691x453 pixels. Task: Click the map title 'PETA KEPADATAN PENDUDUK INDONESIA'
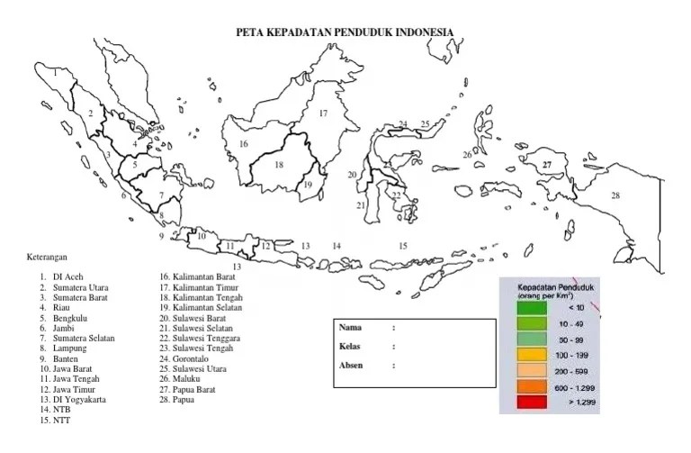[x=345, y=32]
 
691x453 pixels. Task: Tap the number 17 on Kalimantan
[x=322, y=113]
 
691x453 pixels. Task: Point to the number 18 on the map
[x=279, y=165]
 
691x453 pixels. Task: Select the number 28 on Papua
[x=615, y=195]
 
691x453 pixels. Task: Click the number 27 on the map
[x=546, y=165]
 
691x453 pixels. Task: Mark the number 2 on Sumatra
[x=90, y=113]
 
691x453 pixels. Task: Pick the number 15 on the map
[x=403, y=245]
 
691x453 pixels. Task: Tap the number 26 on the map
[x=467, y=155]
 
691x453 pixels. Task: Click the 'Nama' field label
[x=351, y=327]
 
